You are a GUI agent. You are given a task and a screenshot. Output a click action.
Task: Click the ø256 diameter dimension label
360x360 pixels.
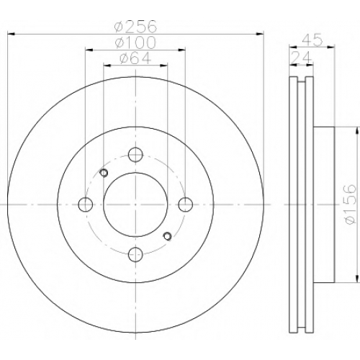click(135, 26)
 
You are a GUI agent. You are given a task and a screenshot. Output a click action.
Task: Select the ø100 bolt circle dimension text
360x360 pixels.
click(135, 42)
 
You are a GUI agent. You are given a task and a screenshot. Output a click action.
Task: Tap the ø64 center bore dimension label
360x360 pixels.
click(135, 58)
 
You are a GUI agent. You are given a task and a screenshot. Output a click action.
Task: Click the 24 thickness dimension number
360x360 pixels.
click(301, 58)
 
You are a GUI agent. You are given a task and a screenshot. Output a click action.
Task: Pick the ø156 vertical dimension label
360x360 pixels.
click(349, 204)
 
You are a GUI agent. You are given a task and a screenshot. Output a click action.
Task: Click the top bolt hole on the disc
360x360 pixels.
click(135, 155)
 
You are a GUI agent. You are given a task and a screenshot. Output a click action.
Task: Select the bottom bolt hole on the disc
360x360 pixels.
click(135, 254)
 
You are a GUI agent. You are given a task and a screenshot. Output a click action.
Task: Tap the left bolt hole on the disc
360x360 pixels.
click(86, 204)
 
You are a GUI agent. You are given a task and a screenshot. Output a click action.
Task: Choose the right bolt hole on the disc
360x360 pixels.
click(186, 204)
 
